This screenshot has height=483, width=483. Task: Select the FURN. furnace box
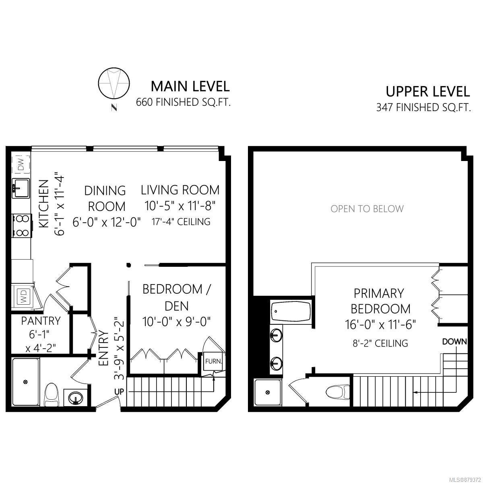pos(213,361)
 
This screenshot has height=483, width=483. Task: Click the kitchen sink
pos(21,188)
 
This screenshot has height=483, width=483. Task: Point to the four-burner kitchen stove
pos(22,225)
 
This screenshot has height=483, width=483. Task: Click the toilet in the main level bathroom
pos(52,394)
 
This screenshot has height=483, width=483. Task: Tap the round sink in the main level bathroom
pos(76,397)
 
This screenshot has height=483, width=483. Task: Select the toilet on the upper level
pos(339,392)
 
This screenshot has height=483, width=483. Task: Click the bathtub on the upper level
pos(291,312)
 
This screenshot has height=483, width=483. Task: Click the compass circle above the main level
pos(114,84)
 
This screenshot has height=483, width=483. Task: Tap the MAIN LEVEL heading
pos(190,86)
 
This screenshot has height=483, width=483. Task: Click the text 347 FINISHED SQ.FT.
pos(423,107)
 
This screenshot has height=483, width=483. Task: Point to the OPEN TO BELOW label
pos(367,209)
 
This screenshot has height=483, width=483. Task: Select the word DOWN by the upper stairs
pos(454,342)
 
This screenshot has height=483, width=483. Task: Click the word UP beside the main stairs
pos(119,392)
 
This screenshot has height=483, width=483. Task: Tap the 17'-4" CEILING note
pos(181,222)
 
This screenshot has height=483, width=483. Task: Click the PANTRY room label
pos(41,321)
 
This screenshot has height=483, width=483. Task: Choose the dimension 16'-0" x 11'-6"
pos(380,324)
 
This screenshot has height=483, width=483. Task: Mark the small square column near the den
pos(128,265)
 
